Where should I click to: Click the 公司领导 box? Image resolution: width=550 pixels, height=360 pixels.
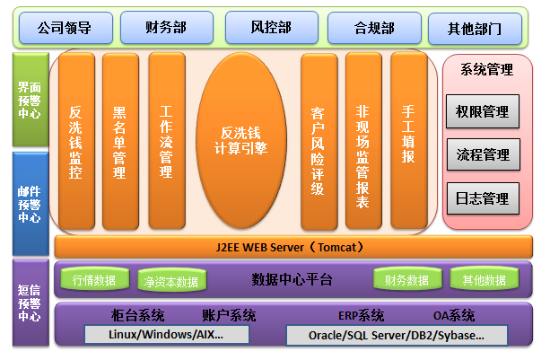(x=65, y=28)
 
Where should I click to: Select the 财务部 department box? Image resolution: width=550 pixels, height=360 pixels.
(x=167, y=27)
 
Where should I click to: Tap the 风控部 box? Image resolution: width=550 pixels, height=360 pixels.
(x=272, y=27)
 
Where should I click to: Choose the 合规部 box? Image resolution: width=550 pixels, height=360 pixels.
(x=374, y=28)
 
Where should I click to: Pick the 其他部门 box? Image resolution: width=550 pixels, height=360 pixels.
(x=476, y=29)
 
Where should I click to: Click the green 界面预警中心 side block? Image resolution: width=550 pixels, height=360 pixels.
(x=31, y=100)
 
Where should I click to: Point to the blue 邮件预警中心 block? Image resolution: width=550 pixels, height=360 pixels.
(x=31, y=204)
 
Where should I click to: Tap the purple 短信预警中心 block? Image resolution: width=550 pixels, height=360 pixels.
(x=31, y=303)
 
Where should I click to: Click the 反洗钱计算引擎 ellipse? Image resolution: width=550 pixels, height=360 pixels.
(x=241, y=141)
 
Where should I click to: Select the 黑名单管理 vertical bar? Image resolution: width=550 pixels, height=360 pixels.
(x=120, y=142)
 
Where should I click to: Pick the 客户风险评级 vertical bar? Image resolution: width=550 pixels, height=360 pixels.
(x=319, y=142)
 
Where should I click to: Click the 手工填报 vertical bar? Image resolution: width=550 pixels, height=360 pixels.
(x=409, y=140)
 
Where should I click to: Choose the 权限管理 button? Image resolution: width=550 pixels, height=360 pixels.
(x=483, y=111)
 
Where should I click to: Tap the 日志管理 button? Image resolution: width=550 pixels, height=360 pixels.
(x=483, y=198)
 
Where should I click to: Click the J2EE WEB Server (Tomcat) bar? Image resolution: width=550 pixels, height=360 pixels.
(x=293, y=247)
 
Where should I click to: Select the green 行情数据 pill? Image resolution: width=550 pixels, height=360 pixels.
(x=95, y=279)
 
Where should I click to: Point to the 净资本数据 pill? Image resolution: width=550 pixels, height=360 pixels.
(x=172, y=281)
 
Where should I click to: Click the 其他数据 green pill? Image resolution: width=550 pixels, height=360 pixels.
(x=485, y=279)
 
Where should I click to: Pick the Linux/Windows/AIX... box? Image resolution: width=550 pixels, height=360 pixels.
(x=167, y=334)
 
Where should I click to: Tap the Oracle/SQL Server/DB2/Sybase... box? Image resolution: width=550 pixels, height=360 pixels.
(x=397, y=336)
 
